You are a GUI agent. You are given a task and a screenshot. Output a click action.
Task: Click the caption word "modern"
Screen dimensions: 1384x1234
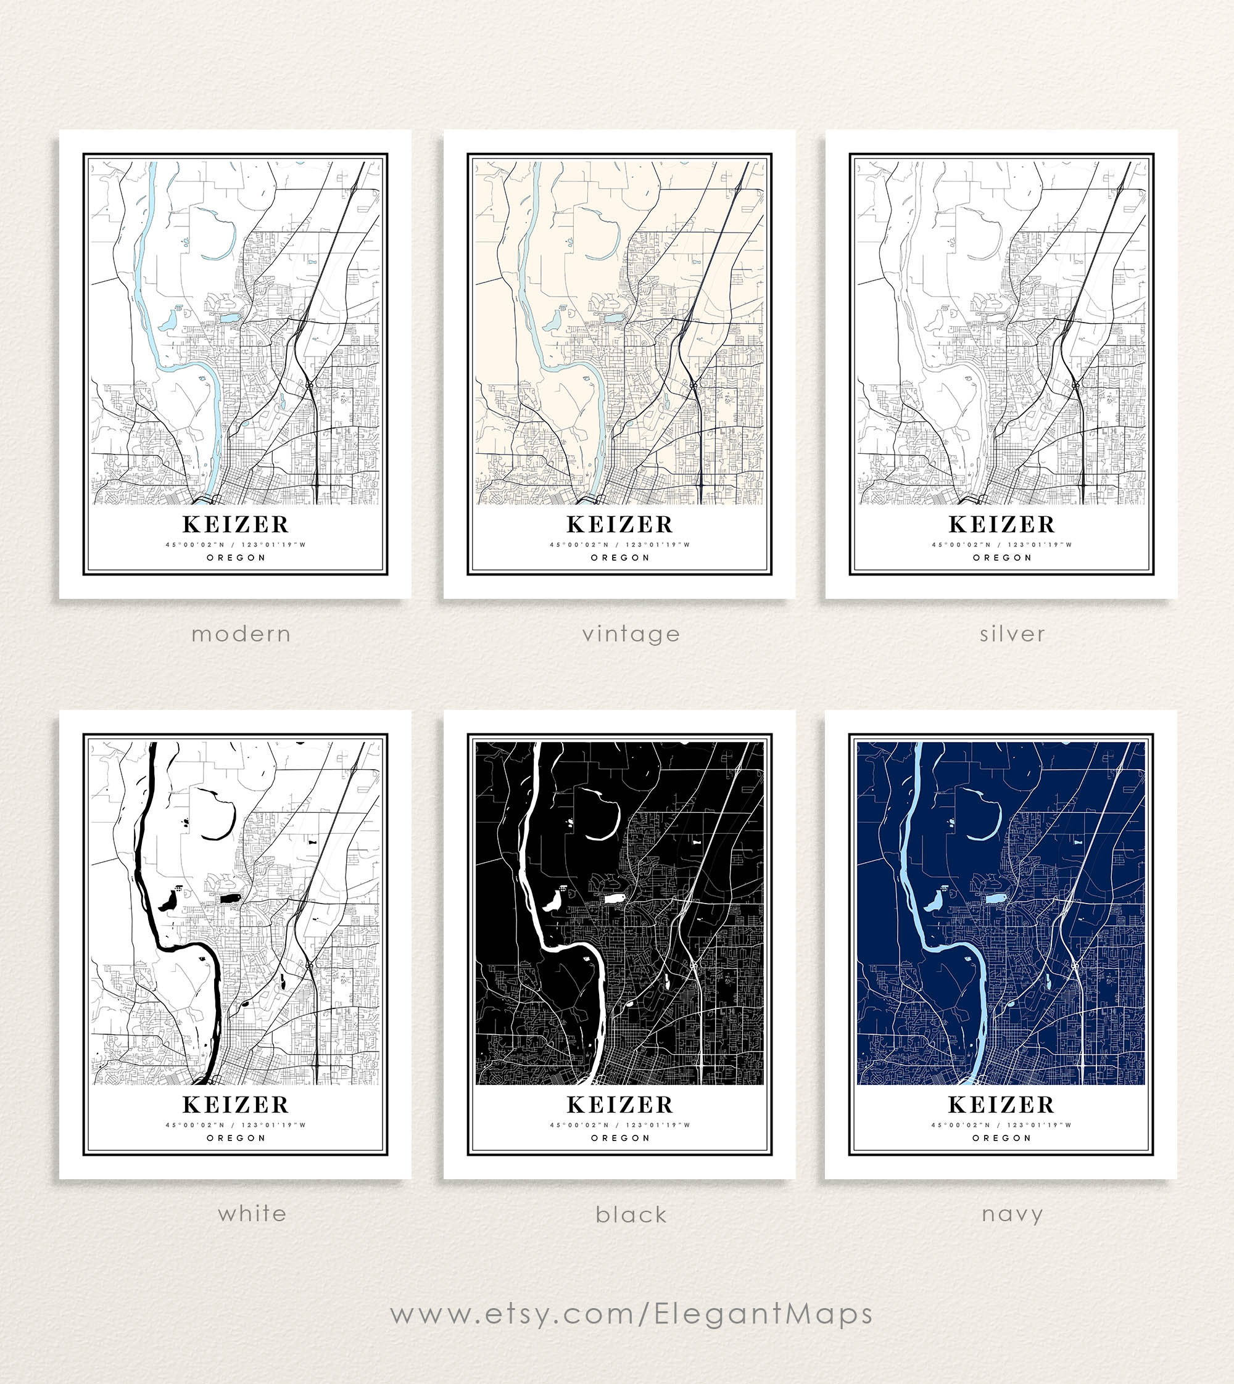click(241, 635)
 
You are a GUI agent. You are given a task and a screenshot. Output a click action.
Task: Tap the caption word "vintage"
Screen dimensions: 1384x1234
click(631, 635)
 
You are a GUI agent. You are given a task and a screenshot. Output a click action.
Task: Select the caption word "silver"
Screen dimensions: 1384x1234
click(1012, 635)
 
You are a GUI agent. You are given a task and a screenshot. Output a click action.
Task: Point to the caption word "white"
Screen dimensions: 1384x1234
click(252, 1214)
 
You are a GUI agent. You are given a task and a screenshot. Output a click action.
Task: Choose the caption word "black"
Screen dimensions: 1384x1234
click(631, 1215)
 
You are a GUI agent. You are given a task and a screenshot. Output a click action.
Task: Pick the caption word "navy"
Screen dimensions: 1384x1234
click(1012, 1214)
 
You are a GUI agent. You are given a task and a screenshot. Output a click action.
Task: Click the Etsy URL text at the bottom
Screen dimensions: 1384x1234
click(631, 1314)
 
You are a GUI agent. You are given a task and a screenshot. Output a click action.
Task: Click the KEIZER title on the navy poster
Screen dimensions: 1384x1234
click(1001, 1105)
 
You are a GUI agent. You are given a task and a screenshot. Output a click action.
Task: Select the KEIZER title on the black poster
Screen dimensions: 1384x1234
click(620, 1105)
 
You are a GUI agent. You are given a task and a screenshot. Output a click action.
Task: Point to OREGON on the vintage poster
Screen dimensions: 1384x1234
click(620, 558)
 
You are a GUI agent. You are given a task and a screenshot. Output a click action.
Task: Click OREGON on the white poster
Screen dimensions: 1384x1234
click(236, 1138)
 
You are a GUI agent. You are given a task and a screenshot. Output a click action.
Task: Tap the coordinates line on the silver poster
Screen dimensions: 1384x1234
click(1001, 544)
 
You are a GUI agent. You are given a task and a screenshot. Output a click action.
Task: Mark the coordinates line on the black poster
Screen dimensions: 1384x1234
click(620, 1125)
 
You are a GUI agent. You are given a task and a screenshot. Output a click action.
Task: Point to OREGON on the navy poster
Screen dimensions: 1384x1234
click(1001, 1138)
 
